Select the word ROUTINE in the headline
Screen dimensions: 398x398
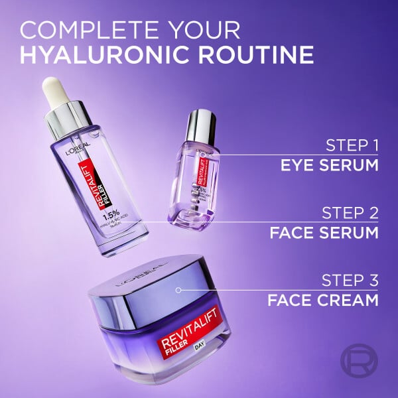tap(263, 55)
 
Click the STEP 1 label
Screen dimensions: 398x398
tap(352, 145)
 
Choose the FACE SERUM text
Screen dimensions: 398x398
tap(324, 233)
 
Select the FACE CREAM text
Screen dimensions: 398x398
tap(323, 300)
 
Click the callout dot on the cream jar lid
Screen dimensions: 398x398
tap(178, 290)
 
